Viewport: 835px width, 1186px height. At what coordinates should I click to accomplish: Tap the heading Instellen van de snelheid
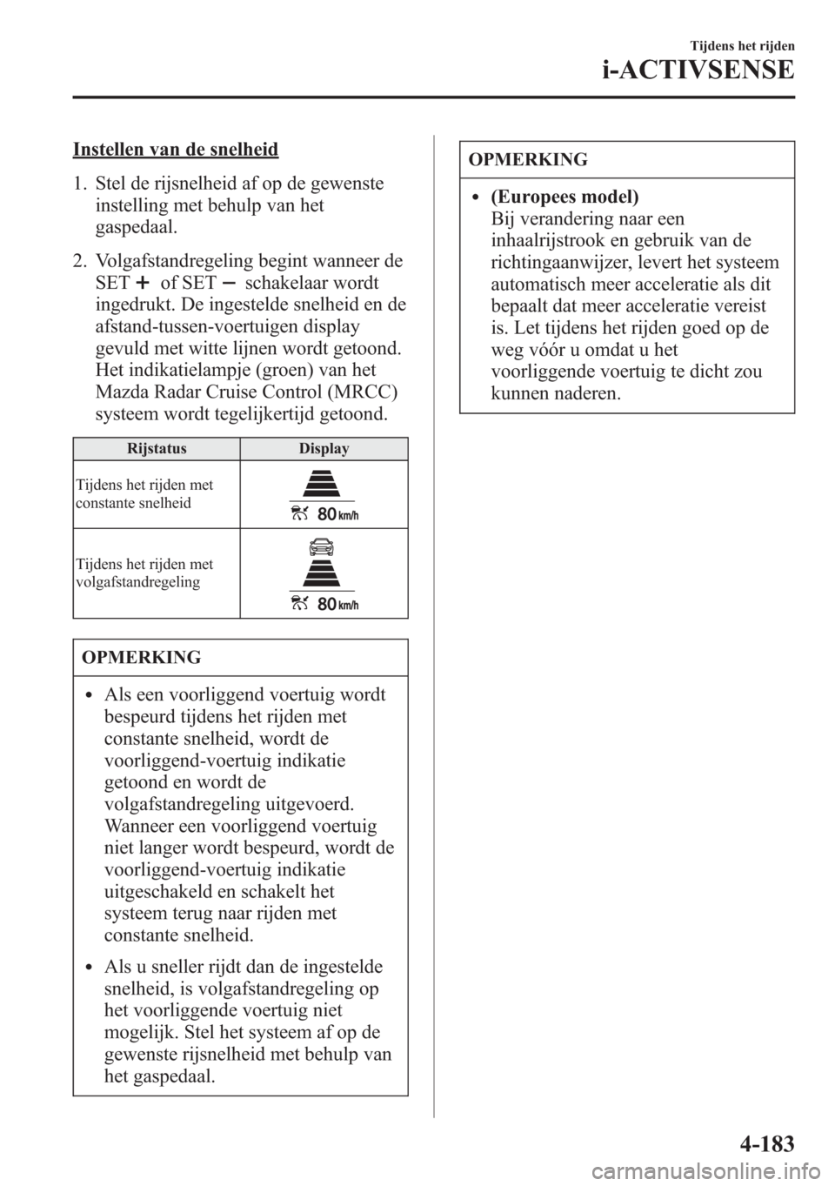tap(176, 149)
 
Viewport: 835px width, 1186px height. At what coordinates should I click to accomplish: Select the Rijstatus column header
tap(157, 449)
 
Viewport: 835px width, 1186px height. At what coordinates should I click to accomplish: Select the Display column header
tap(324, 449)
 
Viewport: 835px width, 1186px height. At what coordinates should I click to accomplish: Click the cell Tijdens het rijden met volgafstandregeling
tap(144, 573)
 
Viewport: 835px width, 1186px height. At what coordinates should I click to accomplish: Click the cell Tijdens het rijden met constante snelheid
tap(144, 494)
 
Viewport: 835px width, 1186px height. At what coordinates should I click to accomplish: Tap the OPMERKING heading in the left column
tap(141, 658)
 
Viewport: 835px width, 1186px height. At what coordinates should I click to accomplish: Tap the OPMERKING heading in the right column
tap(528, 159)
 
